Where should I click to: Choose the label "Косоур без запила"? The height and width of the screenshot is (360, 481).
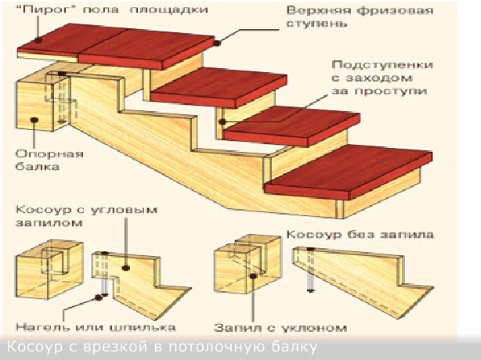coord(360,233)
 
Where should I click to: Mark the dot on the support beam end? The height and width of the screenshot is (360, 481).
coord(34,120)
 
